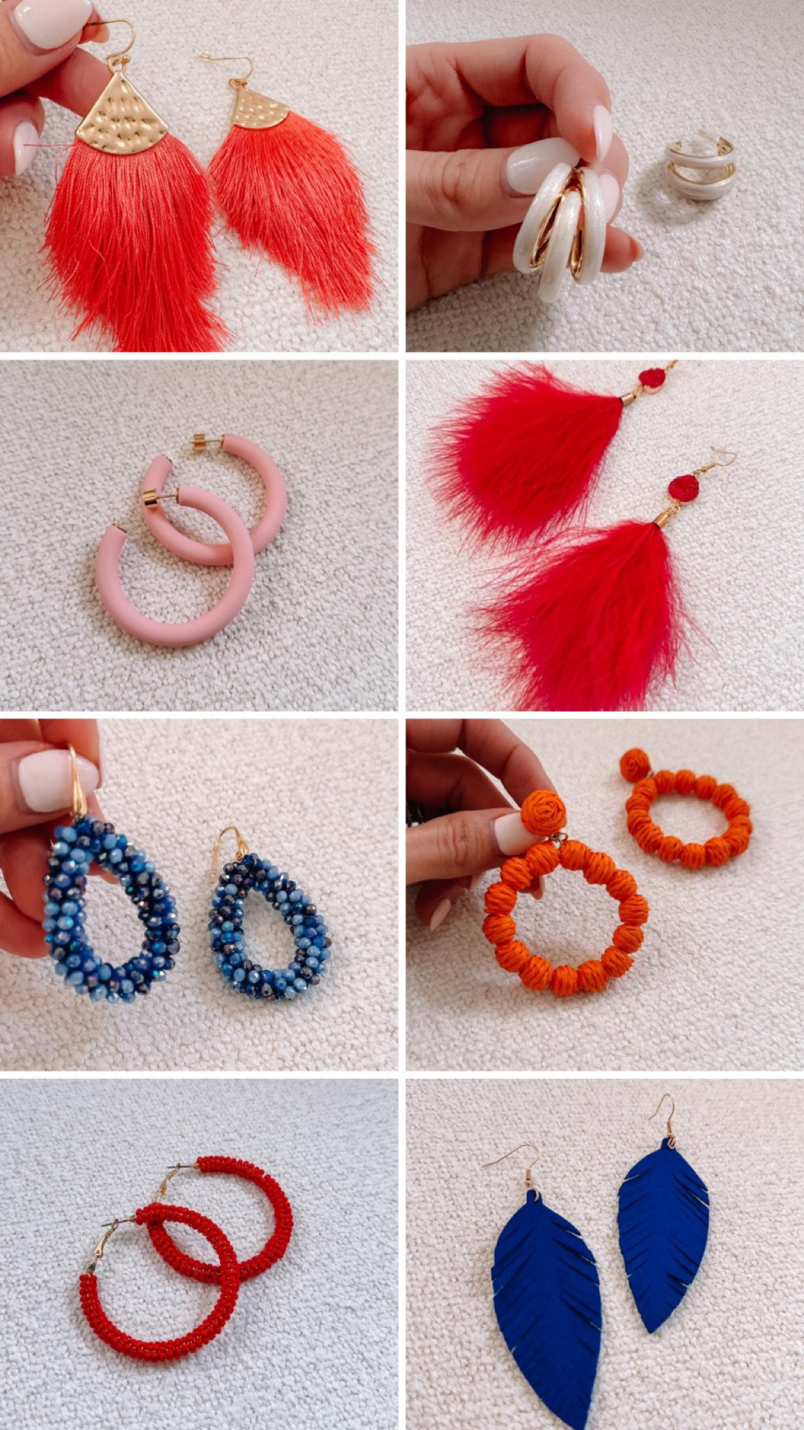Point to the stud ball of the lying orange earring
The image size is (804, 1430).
coord(634,765)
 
